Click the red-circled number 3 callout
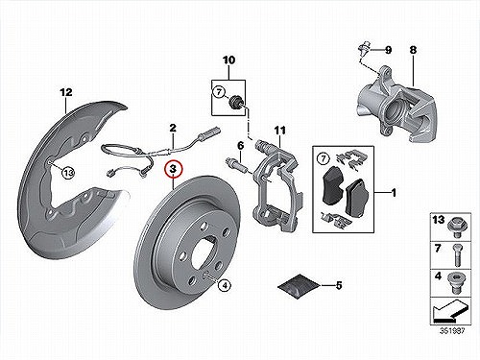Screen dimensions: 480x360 tap(173, 170)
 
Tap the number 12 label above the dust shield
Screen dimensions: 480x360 tap(66, 92)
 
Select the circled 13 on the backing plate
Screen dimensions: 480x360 tap(68, 173)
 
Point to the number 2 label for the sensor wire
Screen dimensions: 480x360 tap(173, 129)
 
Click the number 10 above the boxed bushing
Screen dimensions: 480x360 tap(228, 60)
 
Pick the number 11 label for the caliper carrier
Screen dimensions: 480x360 tap(279, 131)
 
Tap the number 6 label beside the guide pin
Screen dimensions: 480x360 tap(240, 146)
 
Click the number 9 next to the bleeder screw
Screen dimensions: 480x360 tap(388, 50)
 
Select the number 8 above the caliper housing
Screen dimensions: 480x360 tap(413, 50)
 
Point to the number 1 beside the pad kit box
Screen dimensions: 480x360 tap(394, 193)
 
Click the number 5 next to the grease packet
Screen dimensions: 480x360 tap(339, 285)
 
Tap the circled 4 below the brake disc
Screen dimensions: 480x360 tap(225, 285)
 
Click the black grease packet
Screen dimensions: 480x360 tap(299, 286)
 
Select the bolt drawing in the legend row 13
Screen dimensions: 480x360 tap(456, 227)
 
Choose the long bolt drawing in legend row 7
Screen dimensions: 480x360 tap(457, 255)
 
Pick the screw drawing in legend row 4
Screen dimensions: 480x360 tap(456, 283)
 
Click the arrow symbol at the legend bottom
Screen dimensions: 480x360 tap(450, 311)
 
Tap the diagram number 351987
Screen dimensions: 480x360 tap(452, 330)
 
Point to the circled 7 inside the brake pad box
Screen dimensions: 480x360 tap(324, 158)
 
